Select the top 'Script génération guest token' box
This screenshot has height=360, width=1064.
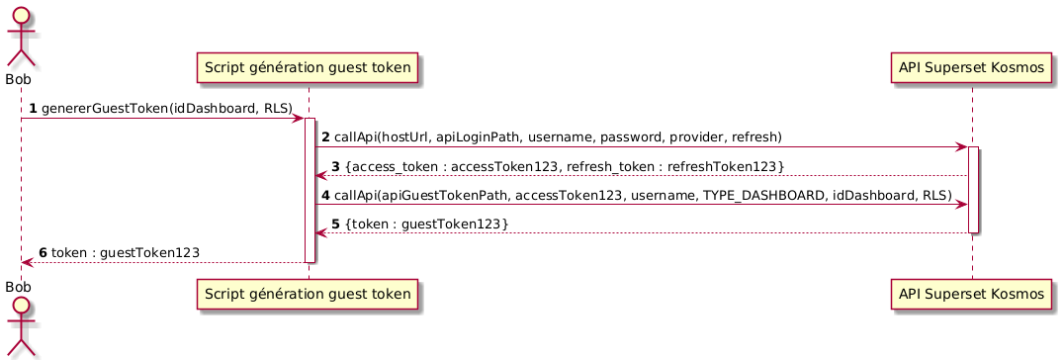pos(309,67)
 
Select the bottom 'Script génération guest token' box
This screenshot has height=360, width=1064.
pos(309,293)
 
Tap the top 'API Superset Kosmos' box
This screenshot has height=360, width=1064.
pos(972,67)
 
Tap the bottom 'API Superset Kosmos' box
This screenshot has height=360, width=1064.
pos(972,293)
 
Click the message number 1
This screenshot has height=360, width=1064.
pos(34,107)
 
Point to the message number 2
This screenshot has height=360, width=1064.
pos(326,135)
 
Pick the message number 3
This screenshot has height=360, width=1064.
pos(335,165)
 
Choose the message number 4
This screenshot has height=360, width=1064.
pos(326,195)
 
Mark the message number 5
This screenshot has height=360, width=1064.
pos(335,225)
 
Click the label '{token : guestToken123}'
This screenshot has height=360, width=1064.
pos(427,225)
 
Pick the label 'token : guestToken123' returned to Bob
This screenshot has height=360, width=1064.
pos(126,253)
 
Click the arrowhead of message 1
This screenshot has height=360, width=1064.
pos(298,118)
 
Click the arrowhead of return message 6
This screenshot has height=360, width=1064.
pos(27,263)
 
